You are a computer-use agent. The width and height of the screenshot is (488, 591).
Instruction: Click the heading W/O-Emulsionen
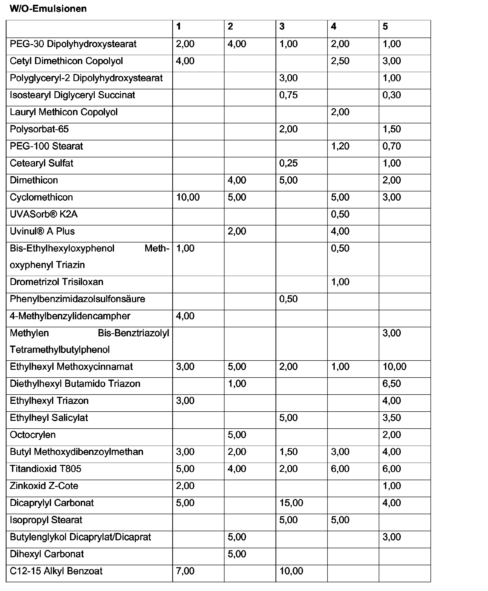48,9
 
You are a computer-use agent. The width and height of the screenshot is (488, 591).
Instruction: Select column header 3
282,27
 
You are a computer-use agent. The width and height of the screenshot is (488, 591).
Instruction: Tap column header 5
385,27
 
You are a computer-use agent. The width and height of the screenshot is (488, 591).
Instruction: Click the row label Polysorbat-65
39,129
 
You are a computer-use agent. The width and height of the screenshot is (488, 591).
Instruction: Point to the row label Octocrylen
32,435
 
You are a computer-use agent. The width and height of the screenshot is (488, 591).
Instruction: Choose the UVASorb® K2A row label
43,214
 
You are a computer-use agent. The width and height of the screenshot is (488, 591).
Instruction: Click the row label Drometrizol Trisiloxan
56,282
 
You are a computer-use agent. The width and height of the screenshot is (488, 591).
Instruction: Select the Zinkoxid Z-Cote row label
44,486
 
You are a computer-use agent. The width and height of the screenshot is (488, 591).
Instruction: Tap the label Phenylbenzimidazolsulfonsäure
77,299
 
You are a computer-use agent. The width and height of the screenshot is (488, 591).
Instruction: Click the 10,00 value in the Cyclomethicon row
188,197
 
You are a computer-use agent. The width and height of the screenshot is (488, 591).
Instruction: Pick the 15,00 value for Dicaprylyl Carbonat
291,503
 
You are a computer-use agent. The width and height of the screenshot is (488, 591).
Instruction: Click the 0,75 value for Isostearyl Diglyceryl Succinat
288,95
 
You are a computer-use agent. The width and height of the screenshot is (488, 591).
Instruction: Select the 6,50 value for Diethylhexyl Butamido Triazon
391,384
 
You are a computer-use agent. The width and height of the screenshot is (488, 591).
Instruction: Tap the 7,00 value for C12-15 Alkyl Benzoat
185,571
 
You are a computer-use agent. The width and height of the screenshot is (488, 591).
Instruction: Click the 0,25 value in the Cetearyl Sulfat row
288,163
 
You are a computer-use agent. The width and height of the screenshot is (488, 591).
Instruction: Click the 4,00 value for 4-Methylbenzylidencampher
185,316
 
